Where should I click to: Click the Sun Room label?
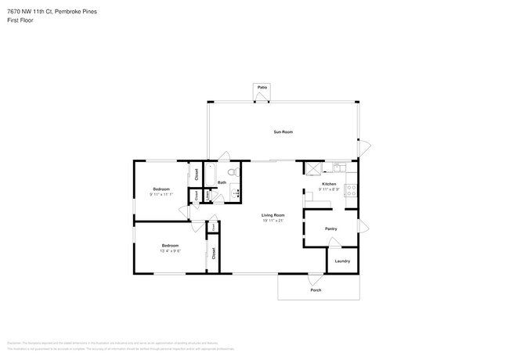[x=283, y=132]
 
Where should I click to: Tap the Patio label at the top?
[x=262, y=87]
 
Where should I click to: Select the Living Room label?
[x=273, y=214]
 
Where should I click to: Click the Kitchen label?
[x=329, y=184]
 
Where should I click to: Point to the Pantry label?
[x=330, y=229]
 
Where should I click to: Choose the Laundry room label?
[x=342, y=261]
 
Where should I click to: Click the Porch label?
[x=316, y=290]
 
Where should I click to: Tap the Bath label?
[x=222, y=182]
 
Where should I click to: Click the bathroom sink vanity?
[x=233, y=193]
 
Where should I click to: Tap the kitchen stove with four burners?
[x=352, y=189]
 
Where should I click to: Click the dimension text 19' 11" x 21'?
[x=273, y=220]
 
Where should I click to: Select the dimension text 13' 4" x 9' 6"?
[x=171, y=250]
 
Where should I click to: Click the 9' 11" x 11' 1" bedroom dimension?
[x=161, y=194]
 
